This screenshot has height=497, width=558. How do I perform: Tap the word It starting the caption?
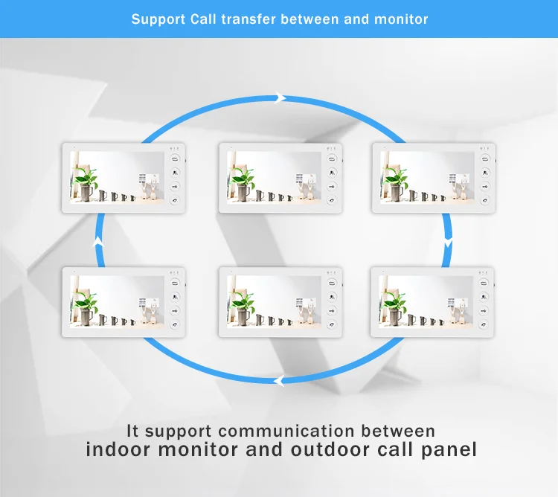133,431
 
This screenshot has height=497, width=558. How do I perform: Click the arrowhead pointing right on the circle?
280,97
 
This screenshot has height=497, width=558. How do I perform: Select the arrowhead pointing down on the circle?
447,242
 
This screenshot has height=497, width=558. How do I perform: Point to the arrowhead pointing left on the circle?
278,381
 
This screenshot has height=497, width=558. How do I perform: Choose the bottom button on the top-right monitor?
484,199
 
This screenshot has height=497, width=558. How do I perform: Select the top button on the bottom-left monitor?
175,283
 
